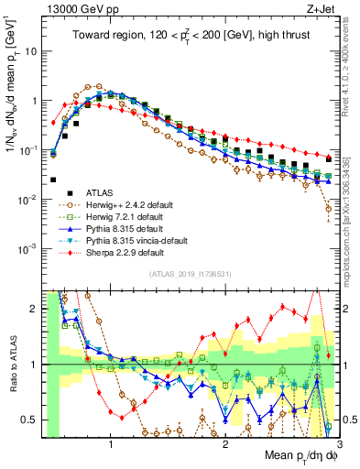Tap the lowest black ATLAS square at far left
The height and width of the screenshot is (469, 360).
[x=54, y=180]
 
